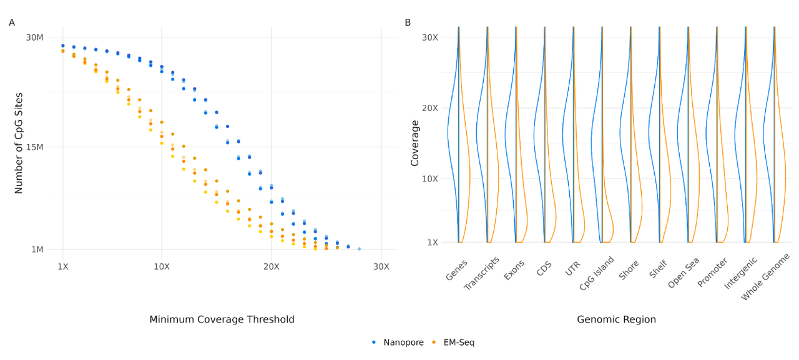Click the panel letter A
12,23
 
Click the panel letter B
408,23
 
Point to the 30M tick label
34,37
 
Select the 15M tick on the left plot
34,147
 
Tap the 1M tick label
37,249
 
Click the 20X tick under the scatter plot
272,266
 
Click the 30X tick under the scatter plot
381,266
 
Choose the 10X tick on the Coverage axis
430,178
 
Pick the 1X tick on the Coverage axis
433,242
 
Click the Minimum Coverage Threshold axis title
222,319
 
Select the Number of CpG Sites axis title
19,144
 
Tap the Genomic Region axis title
616,319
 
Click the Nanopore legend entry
398,343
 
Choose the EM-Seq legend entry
453,343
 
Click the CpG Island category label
596,273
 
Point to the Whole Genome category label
765,277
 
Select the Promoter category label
713,273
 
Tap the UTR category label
573,268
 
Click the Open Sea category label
684,273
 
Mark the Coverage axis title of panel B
414,144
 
